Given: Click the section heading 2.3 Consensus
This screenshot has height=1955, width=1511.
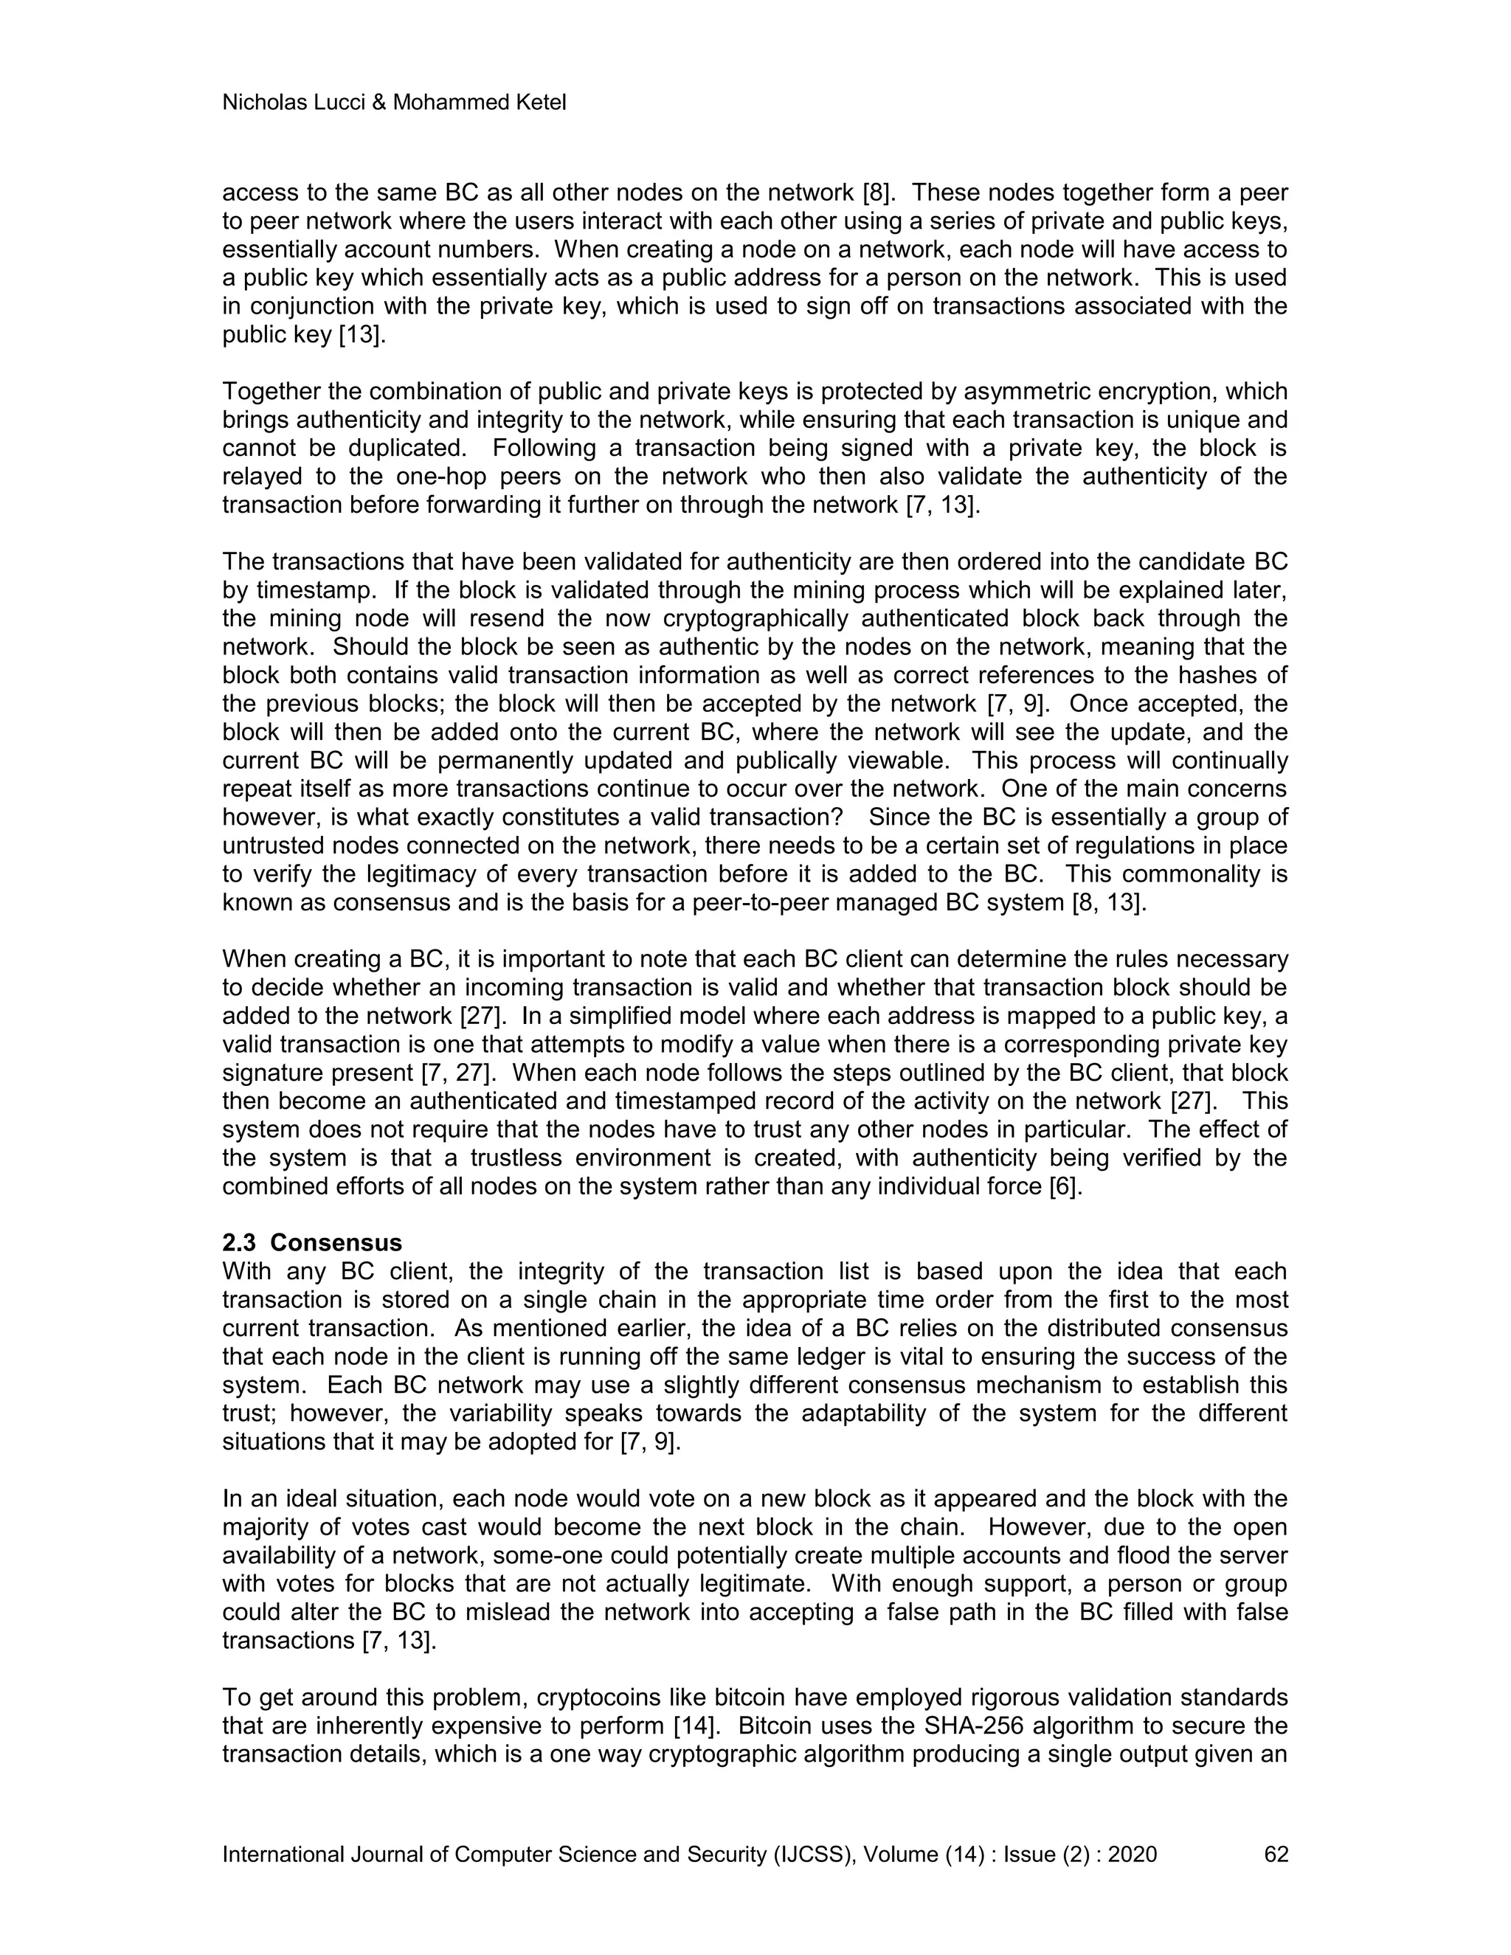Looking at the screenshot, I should click(311, 1242).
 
